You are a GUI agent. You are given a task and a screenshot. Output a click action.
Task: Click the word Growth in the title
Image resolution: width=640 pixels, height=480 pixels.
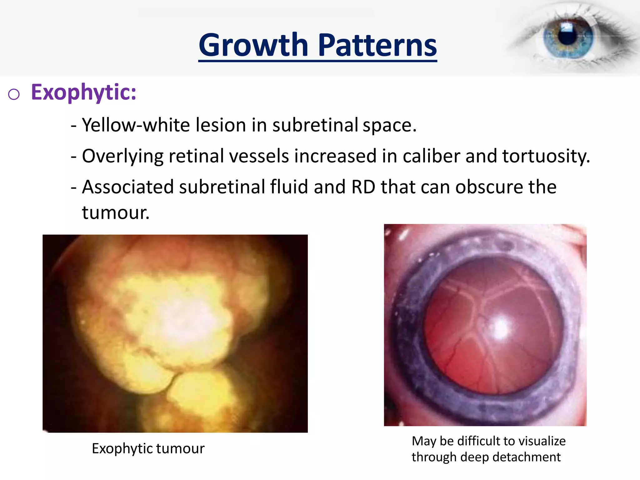pos(253,46)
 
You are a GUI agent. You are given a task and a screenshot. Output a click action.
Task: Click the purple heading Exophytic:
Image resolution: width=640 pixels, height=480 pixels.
pos(83,92)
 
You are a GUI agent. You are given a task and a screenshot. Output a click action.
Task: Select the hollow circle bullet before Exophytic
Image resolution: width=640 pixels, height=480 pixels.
pos(14,94)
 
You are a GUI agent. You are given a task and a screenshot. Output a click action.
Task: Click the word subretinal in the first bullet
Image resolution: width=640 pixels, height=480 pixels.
pos(315,125)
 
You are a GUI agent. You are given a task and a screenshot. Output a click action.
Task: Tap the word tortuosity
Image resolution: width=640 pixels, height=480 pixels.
pos(546,156)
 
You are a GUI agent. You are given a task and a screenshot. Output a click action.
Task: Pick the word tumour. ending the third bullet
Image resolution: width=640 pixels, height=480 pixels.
pos(116,212)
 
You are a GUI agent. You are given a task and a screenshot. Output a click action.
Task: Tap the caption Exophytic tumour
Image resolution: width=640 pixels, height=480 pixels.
pos(148,449)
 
